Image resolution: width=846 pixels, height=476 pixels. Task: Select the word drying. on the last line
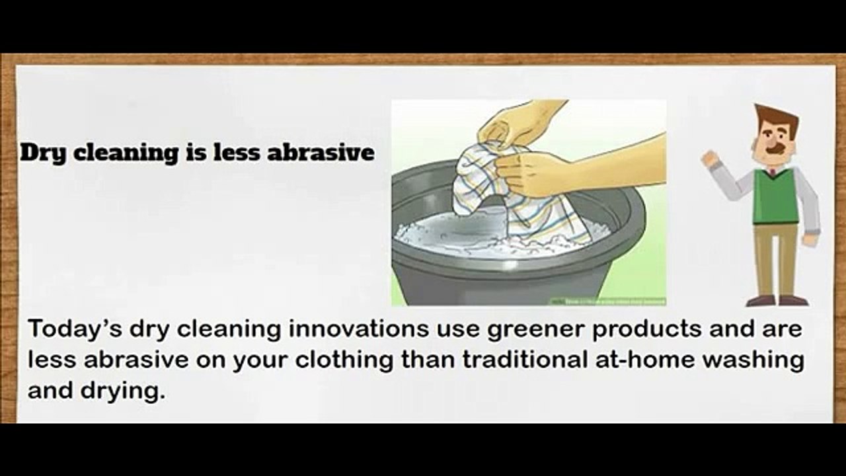pos(125,391)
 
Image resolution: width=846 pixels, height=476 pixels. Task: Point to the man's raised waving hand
pos(710,159)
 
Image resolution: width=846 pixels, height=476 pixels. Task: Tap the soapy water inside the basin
pos(449,231)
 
